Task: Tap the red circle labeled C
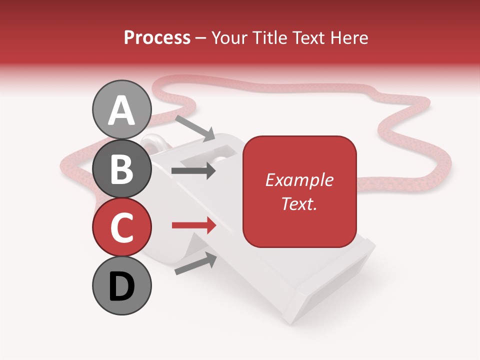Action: tap(122, 227)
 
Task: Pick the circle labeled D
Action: tap(122, 286)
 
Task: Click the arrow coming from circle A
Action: tap(195, 128)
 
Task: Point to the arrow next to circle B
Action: tap(193, 171)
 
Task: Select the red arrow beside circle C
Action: tap(193, 225)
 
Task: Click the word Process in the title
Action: tap(157, 37)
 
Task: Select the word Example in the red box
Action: tap(299, 180)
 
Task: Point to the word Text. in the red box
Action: tap(299, 203)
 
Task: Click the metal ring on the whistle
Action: tap(151, 143)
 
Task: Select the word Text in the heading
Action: tap(309, 37)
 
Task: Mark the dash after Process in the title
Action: tap(201, 38)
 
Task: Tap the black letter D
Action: tap(122, 286)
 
